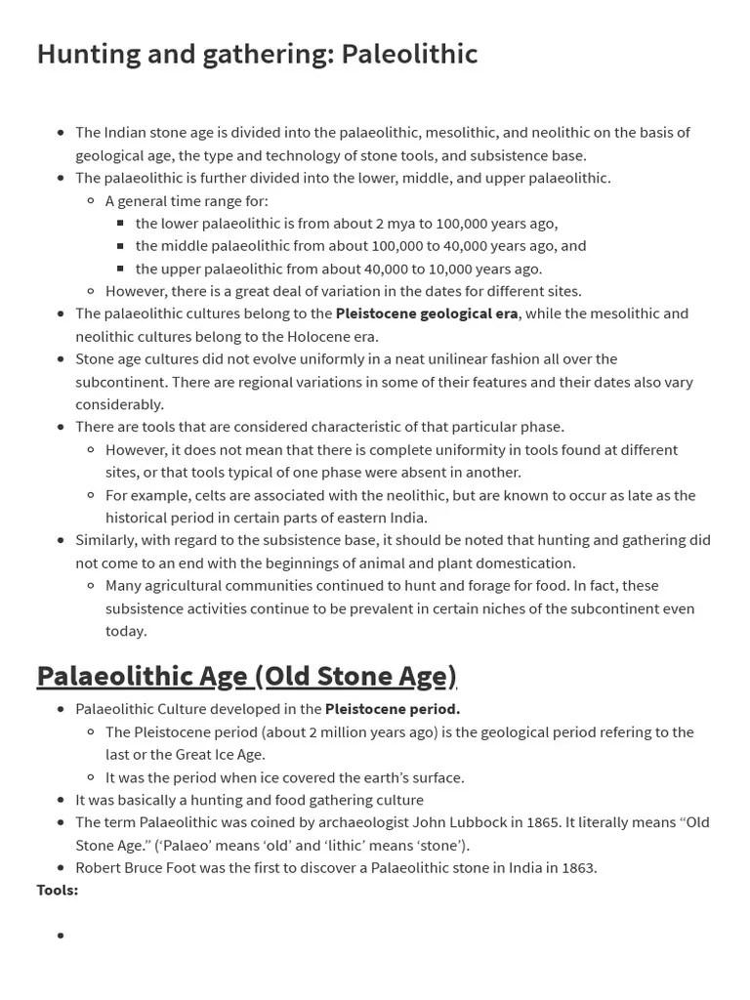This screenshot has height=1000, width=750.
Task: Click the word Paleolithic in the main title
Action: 409,54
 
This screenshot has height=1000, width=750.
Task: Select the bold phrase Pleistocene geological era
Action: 427,313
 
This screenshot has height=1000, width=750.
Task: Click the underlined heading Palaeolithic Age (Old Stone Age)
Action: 246,676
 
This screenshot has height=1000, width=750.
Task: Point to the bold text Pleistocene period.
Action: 393,709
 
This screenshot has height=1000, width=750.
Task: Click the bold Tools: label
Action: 58,890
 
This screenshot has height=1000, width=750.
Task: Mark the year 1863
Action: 574,867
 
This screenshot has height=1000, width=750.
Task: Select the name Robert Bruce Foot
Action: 136,867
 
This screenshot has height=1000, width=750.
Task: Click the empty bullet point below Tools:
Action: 61,936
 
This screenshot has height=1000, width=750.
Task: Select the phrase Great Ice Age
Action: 220,754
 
